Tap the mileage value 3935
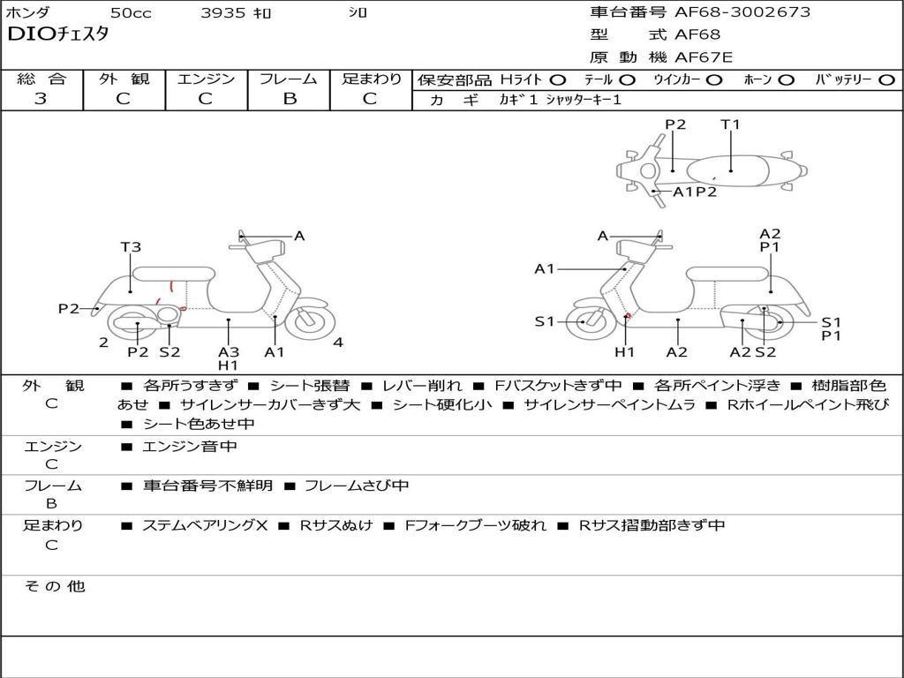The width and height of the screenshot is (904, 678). [223, 13]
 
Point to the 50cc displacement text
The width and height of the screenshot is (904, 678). [131, 13]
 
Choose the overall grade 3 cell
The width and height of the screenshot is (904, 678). [41, 99]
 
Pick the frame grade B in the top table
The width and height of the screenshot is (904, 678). [289, 99]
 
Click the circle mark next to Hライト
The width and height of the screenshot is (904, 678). [557, 80]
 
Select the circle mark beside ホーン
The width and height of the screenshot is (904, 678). [786, 80]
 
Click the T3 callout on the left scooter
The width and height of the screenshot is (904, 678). [131, 247]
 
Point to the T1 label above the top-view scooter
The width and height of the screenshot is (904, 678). [730, 124]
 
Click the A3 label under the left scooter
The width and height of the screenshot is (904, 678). [229, 351]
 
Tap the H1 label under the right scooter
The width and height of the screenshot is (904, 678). [625, 351]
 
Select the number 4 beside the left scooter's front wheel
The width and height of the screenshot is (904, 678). [338, 343]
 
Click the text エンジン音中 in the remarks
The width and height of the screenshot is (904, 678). [189, 447]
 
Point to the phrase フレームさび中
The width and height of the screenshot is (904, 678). [356, 486]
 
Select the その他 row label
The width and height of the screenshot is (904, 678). [53, 586]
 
